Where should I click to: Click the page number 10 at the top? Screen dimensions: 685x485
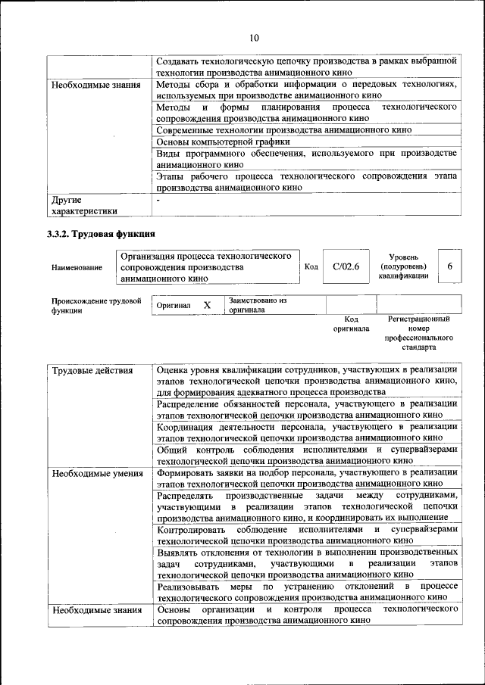coord(253,38)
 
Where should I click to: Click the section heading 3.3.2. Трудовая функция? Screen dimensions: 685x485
coord(102,234)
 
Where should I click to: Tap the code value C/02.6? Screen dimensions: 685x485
coord(346,266)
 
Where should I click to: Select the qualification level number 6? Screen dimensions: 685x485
coord(450,266)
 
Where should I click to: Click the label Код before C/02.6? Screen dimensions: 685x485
coord(311,266)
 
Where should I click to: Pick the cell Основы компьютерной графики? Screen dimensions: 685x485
coord(224,142)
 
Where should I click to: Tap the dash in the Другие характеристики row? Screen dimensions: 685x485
coord(158,201)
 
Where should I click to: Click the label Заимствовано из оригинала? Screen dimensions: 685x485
coord(258,305)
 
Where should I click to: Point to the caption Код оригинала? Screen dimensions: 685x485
coord(351,324)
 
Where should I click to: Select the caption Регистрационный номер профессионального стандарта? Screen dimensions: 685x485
coord(418,334)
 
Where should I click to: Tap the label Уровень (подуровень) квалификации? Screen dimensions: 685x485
coord(403,266)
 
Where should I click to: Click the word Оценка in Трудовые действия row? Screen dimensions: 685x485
coord(174,369)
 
